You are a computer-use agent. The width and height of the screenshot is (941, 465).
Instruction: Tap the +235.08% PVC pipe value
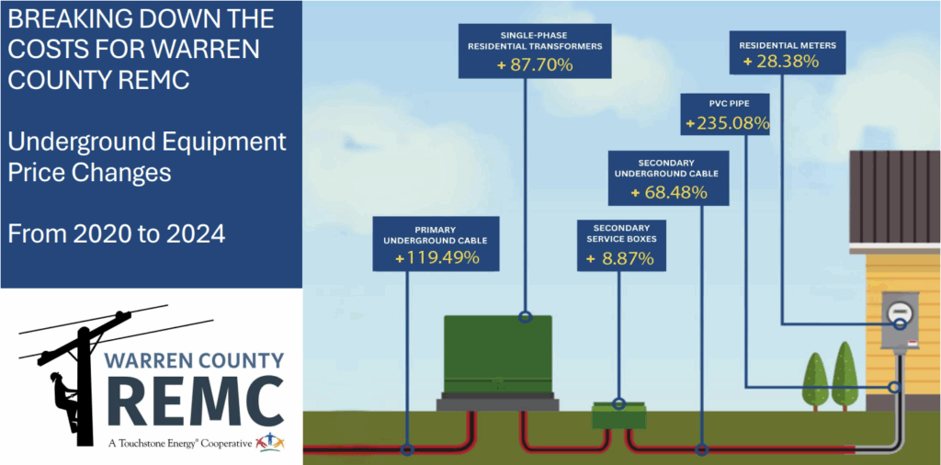(726, 122)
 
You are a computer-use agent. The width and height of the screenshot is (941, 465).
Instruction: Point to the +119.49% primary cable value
(436, 257)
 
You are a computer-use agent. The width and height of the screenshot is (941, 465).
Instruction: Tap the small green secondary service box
(619, 416)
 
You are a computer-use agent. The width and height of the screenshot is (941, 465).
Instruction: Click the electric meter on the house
(899, 320)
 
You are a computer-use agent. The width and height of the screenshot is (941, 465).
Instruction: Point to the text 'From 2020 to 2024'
(116, 233)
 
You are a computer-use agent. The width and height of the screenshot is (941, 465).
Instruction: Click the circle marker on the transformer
(525, 318)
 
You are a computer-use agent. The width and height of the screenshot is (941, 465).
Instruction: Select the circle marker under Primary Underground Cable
(408, 450)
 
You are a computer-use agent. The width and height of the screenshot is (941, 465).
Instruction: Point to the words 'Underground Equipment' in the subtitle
(146, 142)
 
